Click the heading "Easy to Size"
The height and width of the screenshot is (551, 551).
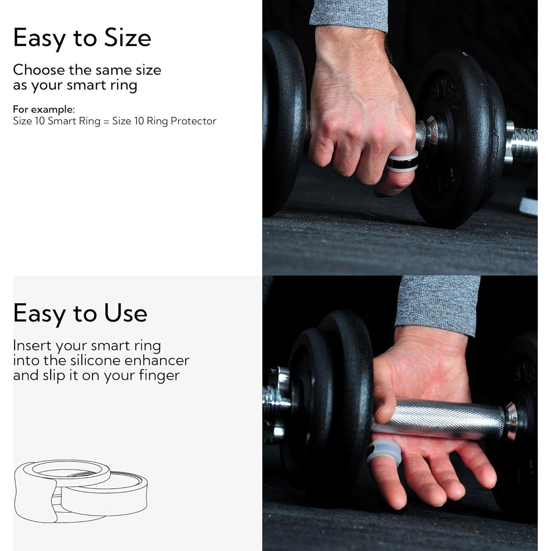coord(82,38)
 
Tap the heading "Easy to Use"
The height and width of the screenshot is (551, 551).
coord(80,313)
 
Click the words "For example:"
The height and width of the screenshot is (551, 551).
coord(44,109)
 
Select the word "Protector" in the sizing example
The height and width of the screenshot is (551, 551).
coord(193,121)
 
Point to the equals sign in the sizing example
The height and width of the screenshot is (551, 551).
coord(106,122)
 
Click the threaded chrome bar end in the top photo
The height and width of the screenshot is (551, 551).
coord(523,143)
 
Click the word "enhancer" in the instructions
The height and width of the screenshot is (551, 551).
coord(157,360)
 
